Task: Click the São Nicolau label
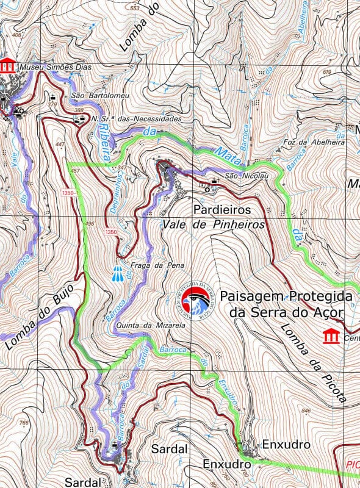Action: (x=238, y=176)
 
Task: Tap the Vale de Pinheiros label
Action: (x=214, y=224)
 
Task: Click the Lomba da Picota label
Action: (x=314, y=362)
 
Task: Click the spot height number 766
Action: (x=24, y=423)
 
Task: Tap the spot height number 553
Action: (x=135, y=8)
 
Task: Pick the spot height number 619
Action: (x=326, y=73)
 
